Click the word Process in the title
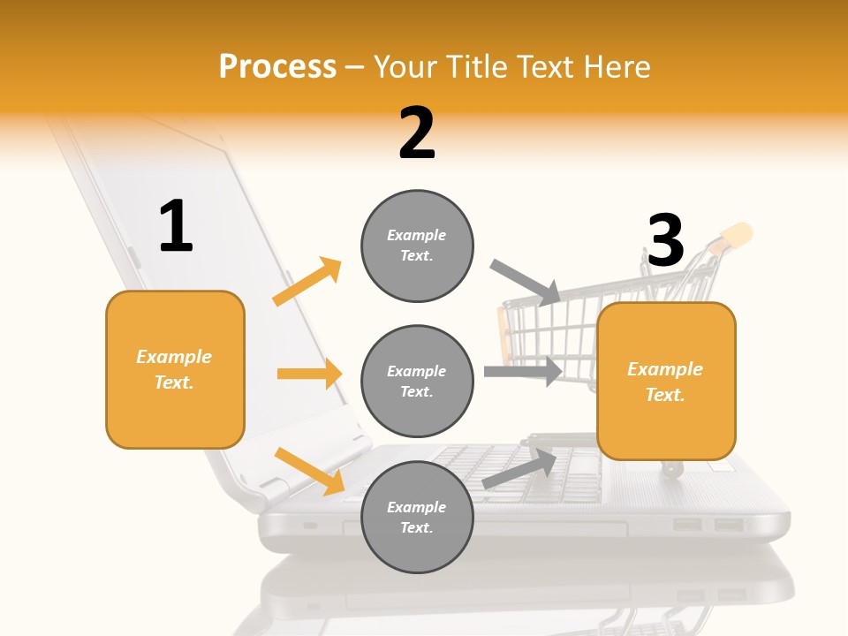click(x=277, y=66)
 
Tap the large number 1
click(x=176, y=227)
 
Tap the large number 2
click(x=417, y=134)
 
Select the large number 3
click(x=665, y=240)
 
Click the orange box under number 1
click(x=175, y=369)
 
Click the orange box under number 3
click(x=666, y=382)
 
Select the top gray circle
click(x=417, y=246)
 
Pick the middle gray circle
click(x=417, y=381)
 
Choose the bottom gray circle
click(x=417, y=517)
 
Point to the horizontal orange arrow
click(x=309, y=374)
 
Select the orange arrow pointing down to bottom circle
click(x=309, y=470)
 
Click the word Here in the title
click(x=615, y=66)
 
